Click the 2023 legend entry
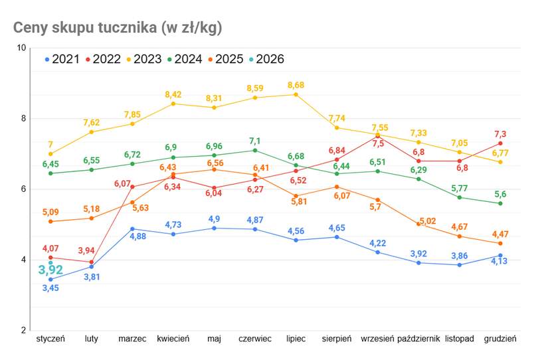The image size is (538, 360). pos(143,59)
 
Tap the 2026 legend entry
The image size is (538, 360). pos(266,59)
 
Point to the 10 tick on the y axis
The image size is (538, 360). pos(21,48)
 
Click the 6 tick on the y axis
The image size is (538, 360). pos(23,189)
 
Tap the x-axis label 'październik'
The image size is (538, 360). pos(418,339)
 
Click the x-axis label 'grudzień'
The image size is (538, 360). pos(500,339)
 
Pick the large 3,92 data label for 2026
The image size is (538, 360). pos(50,270)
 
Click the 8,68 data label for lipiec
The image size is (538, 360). pos(296,85)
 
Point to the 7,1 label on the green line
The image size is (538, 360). pos(254,141)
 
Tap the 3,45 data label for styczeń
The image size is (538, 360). pos(50,288)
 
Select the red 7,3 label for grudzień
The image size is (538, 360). pos(500,134)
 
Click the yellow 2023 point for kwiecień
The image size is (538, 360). pos(173,104)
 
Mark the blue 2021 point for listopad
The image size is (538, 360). pos(460,265)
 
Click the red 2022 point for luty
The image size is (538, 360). pos(92,262)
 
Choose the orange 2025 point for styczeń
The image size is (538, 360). pos(50,221)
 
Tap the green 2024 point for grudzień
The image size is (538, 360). pos(500,203)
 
